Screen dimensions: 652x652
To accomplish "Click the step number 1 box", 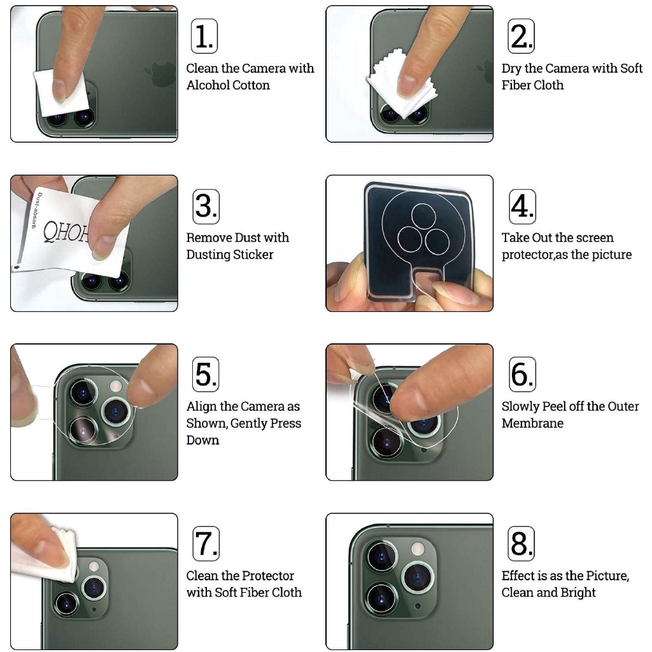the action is pos(204,36).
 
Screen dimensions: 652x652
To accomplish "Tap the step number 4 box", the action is pos(522,207).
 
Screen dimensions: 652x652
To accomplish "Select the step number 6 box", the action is pos(522,374).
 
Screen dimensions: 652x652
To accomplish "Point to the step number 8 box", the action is pos(521,544).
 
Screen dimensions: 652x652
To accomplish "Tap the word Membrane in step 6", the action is pos(532,423).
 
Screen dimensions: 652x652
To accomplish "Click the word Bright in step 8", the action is pos(578,593).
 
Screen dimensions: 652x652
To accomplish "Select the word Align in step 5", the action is pos(201,407).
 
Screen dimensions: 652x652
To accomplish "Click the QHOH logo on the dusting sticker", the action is pos(66,231).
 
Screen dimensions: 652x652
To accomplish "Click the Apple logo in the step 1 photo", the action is pos(161,74).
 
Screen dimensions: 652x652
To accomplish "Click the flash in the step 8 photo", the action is pos(418,549).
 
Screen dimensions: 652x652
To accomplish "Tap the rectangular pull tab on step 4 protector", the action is pos(429,283).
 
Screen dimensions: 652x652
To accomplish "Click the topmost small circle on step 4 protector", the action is pos(423,216).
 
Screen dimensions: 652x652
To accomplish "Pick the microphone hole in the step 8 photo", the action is pos(418,606).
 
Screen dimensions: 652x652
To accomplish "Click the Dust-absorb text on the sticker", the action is pos(36,210).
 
